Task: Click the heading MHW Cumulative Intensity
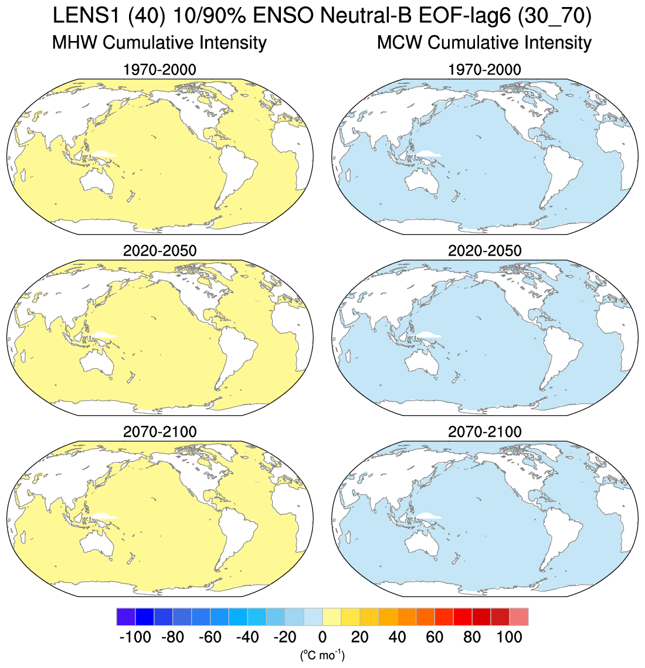coord(159,43)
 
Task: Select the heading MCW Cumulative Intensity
coord(484,43)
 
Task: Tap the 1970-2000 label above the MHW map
coord(159,70)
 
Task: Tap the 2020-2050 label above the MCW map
coord(484,251)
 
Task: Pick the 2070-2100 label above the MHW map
coord(159,432)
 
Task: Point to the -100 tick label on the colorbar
coord(135,637)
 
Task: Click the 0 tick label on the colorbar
coord(322,637)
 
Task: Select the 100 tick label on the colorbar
coord(509,637)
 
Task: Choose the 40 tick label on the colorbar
coord(397,637)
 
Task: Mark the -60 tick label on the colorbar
coord(210,637)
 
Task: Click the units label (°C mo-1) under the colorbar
coord(322,655)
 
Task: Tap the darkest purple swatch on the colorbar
coord(126,617)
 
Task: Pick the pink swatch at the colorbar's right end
coord(518,617)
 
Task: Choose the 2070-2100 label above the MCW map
coord(484,432)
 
